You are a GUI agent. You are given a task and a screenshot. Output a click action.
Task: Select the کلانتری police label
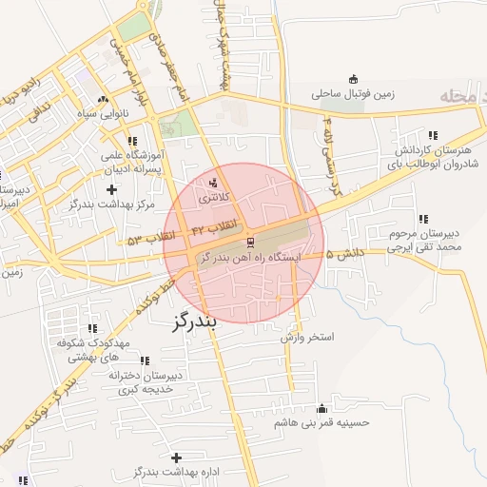click(213, 200)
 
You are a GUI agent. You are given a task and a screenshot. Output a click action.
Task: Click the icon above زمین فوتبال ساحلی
click(354, 79)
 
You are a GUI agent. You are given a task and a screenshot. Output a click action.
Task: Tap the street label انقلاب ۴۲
click(213, 229)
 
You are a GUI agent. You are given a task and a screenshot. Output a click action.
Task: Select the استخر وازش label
click(308, 338)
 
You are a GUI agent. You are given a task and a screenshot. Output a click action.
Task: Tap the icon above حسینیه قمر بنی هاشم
click(333, 407)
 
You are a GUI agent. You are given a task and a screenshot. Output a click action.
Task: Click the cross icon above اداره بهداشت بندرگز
click(176, 458)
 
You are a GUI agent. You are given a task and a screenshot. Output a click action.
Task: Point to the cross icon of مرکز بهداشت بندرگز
click(112, 190)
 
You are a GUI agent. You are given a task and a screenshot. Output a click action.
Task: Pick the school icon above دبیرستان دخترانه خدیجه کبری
click(145, 360)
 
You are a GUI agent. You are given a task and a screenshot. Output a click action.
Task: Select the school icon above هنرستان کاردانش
click(434, 136)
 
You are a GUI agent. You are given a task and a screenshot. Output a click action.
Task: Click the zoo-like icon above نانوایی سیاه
click(103, 99)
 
